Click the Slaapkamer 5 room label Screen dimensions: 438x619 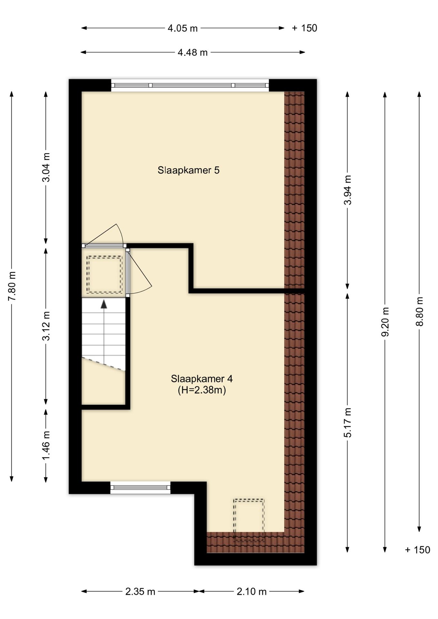point(188,170)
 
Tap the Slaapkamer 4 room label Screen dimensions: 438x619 point(202,378)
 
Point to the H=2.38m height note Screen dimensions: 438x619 point(202,390)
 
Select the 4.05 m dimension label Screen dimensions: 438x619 point(183,28)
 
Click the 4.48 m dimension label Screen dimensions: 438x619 point(193,52)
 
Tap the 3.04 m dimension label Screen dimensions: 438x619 point(46,167)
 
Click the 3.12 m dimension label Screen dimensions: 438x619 point(46,326)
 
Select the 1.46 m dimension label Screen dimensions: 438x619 point(46,446)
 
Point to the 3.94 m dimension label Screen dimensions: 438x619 point(348,190)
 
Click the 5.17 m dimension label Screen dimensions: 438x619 point(348,423)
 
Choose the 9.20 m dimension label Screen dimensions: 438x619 point(385,322)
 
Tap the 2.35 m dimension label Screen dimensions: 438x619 point(140,592)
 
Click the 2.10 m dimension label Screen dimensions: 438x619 point(252,592)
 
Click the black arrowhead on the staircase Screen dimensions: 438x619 point(104,304)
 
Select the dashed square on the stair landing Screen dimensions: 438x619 point(105,275)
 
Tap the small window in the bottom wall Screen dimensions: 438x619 point(140,487)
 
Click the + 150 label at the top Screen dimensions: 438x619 point(304,28)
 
